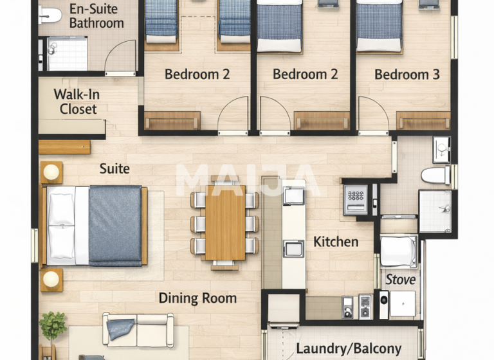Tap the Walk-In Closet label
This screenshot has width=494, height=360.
pos(76,102)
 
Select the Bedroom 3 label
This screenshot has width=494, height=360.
pos(407,75)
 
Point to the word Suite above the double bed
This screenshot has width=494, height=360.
pos(114,169)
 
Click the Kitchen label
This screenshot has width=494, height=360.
pos(336,242)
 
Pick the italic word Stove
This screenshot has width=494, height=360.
pos(400,280)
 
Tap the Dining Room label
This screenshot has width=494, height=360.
pos(197,298)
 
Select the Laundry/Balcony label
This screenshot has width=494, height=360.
pos(349,349)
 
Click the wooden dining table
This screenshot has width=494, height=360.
pos(224,222)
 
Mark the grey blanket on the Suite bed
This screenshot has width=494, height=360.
pos(115,225)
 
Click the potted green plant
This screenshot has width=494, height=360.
pos(53,325)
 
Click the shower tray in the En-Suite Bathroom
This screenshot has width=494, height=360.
pos(67,53)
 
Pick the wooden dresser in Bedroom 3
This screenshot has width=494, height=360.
pos(423,120)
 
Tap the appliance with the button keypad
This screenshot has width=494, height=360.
pos(355,199)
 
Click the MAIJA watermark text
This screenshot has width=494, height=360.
pos(247,180)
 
